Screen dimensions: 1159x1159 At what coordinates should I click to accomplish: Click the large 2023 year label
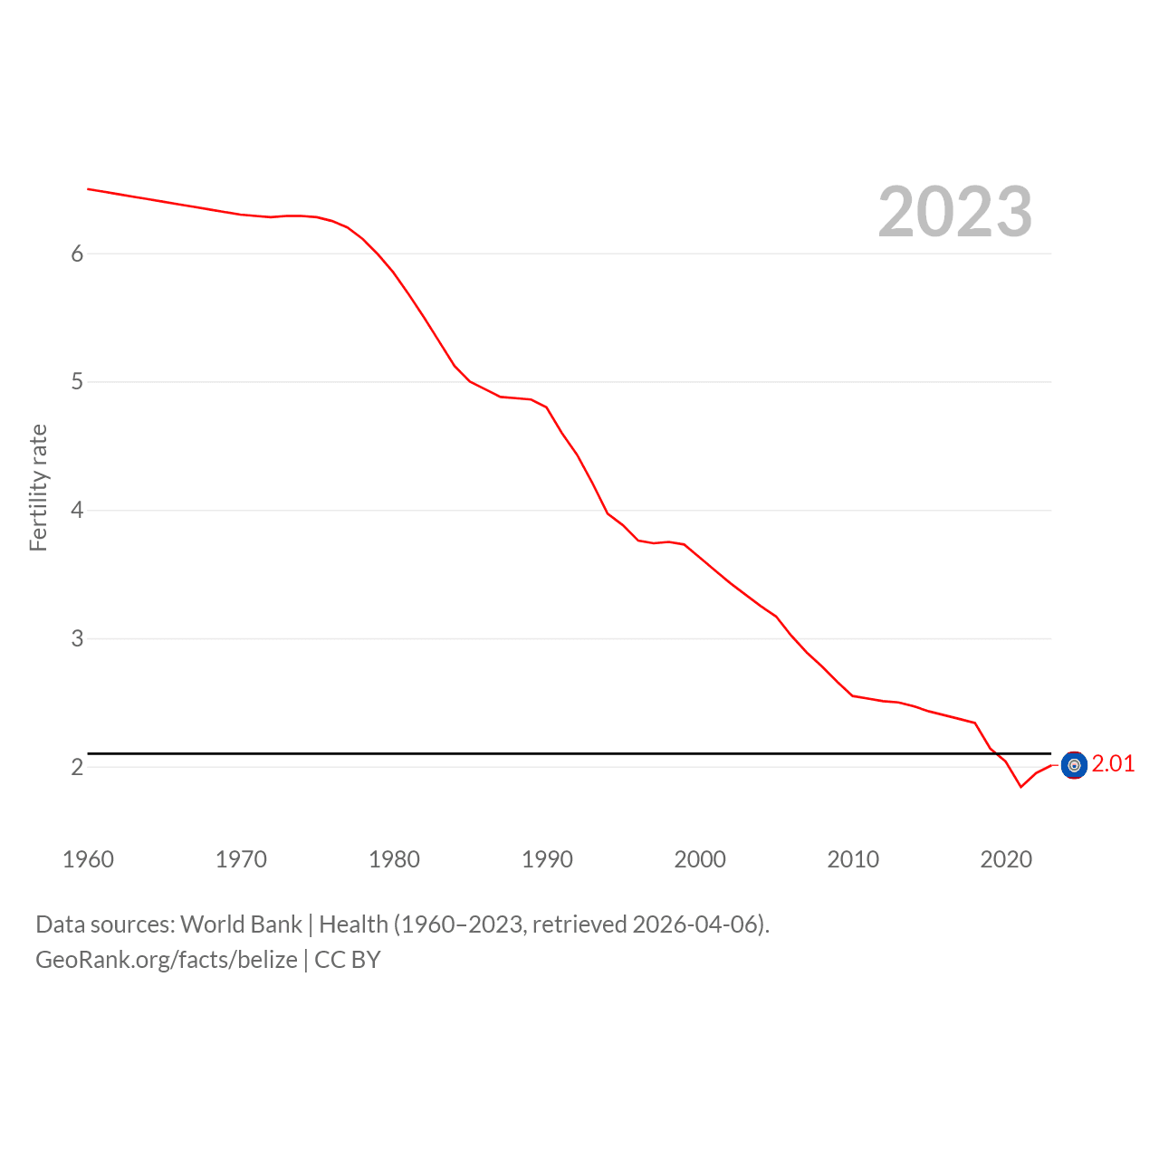[x=954, y=211]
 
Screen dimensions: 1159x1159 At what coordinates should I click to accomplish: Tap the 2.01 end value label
[x=1113, y=763]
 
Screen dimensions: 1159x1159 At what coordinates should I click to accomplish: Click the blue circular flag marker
[x=1074, y=765]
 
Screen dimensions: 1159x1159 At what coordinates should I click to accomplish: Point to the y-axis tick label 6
[x=77, y=254]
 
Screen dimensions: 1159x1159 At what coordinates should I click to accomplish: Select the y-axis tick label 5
[x=77, y=381]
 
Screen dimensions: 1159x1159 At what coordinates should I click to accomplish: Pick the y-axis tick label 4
[x=77, y=510]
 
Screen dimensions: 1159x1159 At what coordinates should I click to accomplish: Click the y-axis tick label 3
[x=77, y=638]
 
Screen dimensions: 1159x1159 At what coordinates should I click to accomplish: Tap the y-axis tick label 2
[x=77, y=767]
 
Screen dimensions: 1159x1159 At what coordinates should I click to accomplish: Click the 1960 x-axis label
[x=88, y=859]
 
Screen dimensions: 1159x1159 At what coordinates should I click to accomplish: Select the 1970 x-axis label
[x=241, y=859]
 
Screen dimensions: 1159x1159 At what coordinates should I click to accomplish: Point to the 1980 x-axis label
[x=394, y=859]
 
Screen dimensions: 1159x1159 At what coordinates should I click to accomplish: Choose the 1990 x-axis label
[x=547, y=859]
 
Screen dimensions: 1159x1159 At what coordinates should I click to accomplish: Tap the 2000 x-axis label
[x=700, y=859]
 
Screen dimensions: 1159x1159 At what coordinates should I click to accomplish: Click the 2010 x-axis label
[x=853, y=859]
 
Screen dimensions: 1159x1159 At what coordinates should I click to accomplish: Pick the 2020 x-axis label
[x=1006, y=859]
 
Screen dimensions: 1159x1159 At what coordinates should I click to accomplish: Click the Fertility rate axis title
[x=39, y=488]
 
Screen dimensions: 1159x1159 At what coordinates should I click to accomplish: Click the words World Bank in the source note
[x=241, y=924]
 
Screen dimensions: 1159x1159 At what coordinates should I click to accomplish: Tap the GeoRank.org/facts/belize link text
[x=167, y=960]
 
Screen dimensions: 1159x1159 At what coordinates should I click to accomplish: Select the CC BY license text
[x=348, y=960]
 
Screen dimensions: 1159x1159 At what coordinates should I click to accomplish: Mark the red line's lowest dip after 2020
[x=1020, y=787]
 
